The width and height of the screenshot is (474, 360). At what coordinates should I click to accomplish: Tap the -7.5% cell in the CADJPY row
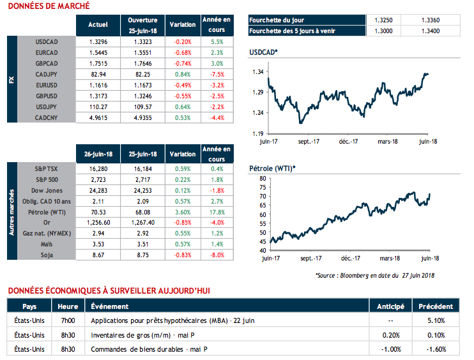tap(216, 74)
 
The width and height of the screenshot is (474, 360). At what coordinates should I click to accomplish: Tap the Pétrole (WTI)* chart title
tap(271, 168)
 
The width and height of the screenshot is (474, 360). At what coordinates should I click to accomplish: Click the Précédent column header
tap(438, 306)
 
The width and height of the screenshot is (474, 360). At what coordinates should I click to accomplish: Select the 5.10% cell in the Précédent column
tap(438, 320)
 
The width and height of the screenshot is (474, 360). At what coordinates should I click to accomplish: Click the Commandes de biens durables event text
tap(150, 349)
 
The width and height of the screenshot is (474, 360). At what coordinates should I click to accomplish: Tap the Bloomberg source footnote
tap(374, 275)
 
